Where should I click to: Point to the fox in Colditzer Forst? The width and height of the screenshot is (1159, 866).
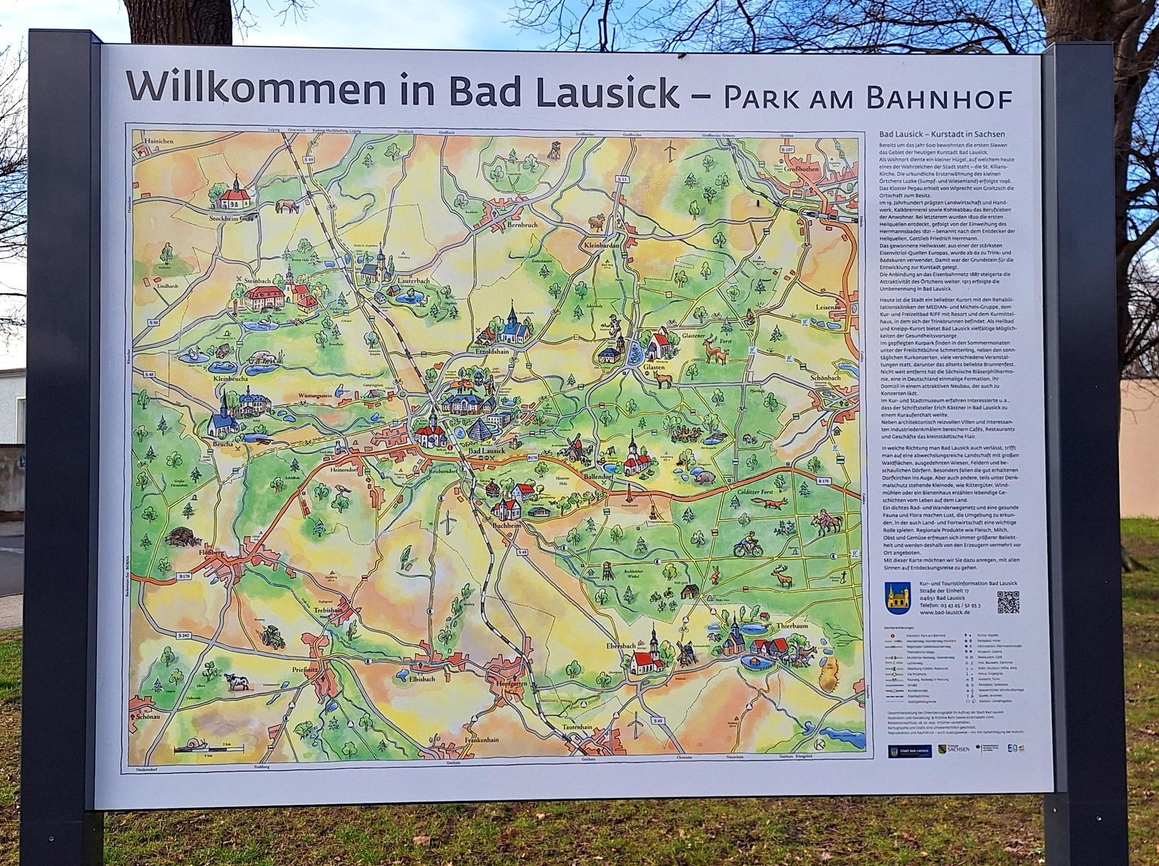tap(775, 503)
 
